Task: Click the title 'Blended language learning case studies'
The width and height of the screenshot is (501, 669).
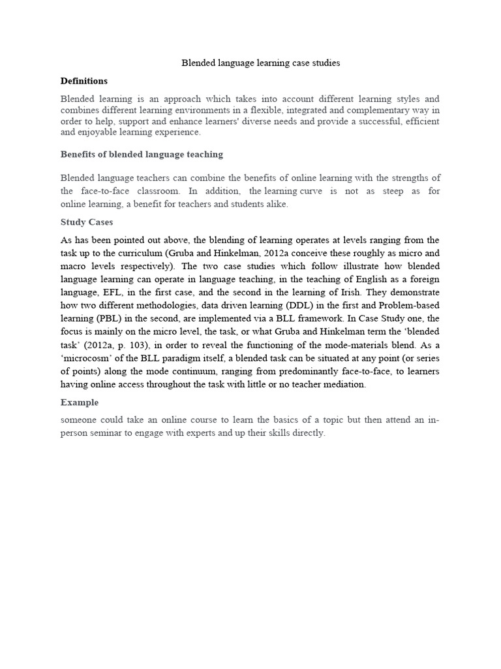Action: tap(260, 63)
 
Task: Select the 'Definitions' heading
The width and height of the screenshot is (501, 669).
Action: tap(84, 81)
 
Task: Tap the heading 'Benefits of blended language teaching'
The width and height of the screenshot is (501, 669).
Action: tap(142, 154)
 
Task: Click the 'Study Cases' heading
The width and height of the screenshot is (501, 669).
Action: tap(87, 222)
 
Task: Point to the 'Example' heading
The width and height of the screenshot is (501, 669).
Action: tap(80, 402)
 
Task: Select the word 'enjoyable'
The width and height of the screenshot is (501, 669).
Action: tap(99, 132)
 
